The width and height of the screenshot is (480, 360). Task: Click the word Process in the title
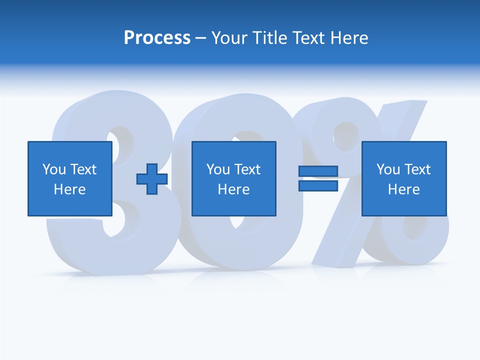[x=157, y=38]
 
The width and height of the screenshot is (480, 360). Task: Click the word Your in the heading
[x=229, y=38]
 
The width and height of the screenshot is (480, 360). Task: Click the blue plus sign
[x=152, y=178]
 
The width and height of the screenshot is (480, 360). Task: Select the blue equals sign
[x=318, y=178]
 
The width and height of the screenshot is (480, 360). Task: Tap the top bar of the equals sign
[x=318, y=171]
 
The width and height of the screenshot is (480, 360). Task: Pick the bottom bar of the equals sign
[x=318, y=185]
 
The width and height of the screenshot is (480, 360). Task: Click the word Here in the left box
[x=70, y=189]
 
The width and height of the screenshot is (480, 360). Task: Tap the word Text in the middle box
[x=247, y=169]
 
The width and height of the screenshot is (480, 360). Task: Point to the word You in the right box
[x=388, y=169]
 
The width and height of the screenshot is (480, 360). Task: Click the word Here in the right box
[x=404, y=189]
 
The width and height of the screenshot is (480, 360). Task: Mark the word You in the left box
[x=54, y=169]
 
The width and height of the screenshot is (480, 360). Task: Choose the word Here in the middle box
[x=234, y=189]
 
